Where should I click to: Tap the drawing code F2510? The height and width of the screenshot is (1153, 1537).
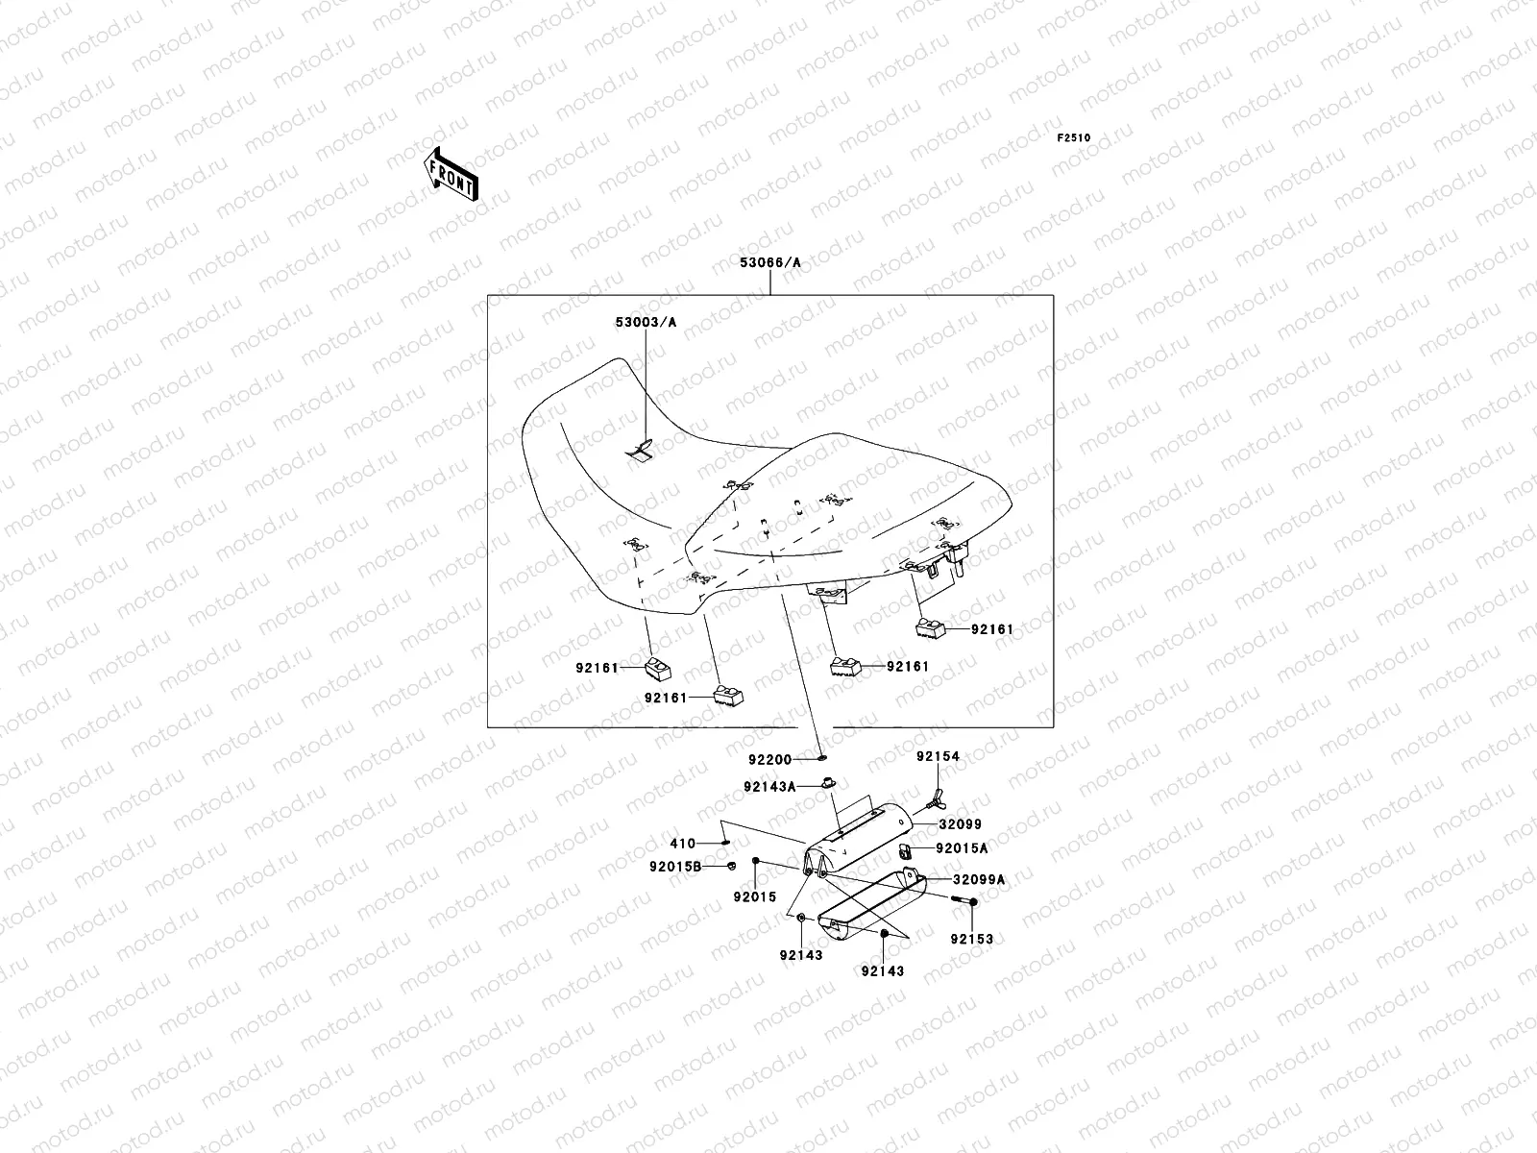click(1075, 137)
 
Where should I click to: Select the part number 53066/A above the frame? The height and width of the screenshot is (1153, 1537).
click(769, 262)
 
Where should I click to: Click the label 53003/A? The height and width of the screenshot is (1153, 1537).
click(646, 323)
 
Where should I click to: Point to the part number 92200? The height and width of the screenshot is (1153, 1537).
click(771, 759)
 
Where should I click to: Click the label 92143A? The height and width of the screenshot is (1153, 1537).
click(769, 786)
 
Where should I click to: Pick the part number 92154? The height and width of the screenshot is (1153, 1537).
click(937, 756)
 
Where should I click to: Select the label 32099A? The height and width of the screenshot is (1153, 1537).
click(979, 878)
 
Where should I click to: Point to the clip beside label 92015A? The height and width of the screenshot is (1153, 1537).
click(905, 849)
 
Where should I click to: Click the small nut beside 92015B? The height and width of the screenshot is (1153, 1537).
click(731, 867)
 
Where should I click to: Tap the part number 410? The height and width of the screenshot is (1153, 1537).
click(683, 844)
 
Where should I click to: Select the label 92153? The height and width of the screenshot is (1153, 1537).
click(972, 939)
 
